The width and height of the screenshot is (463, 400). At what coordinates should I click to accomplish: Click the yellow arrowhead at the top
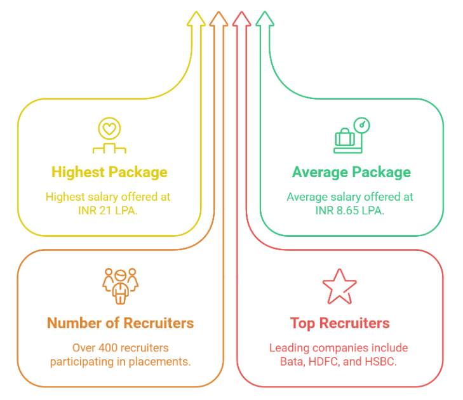click(196, 19)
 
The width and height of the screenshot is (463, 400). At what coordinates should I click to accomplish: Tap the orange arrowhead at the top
click(219, 19)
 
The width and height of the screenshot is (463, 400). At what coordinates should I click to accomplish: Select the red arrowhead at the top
click(241, 19)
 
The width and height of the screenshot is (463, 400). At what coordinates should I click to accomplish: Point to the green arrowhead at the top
click(265, 19)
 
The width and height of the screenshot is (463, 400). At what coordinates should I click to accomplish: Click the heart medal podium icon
click(109, 135)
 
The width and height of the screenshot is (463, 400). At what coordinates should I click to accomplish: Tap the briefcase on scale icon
click(352, 135)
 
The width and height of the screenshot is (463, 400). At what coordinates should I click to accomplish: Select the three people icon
click(121, 286)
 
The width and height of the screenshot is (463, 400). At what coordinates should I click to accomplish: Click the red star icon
click(340, 286)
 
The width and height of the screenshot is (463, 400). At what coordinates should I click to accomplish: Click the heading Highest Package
click(109, 172)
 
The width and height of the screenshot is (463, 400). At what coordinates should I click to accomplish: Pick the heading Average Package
click(351, 172)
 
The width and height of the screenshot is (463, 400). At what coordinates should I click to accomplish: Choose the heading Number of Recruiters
click(121, 323)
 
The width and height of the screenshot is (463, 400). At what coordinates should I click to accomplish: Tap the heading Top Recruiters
click(340, 323)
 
